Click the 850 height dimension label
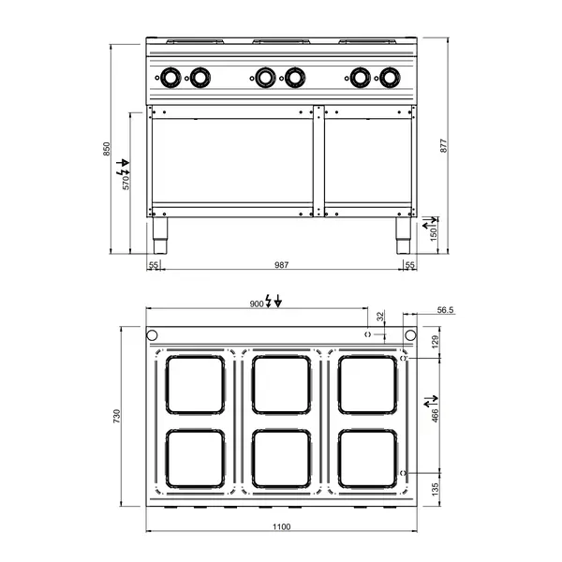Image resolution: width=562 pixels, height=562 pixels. pos(107,149)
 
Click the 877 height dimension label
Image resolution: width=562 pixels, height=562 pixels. pos(444,146)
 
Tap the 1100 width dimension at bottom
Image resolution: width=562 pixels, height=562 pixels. pos(281,526)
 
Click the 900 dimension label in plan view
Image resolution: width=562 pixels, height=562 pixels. pos(257,303)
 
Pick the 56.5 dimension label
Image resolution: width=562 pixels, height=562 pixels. pos(446,309)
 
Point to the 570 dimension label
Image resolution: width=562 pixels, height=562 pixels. pos(126,182)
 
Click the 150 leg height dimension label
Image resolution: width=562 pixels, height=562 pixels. pos(434,233)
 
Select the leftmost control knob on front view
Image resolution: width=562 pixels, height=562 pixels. pos(171,76)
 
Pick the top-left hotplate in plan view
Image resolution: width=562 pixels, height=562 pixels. pos(195,384)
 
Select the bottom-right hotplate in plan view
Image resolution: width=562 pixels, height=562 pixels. pos(367,458)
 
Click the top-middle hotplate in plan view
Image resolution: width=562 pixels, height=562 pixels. pos(282,384)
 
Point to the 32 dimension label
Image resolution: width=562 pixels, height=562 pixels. pos(380,316)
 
